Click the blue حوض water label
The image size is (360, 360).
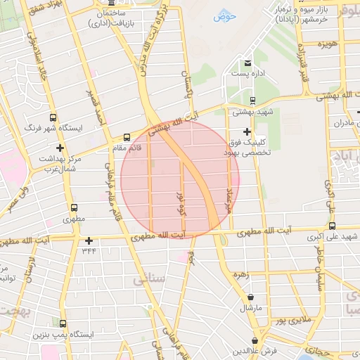223,14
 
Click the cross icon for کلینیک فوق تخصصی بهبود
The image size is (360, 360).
246,131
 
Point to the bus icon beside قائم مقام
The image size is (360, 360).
127,137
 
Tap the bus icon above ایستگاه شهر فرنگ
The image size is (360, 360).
52,118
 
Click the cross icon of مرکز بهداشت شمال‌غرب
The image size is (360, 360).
60,148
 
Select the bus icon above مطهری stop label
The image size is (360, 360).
74,207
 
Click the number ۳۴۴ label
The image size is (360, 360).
89,250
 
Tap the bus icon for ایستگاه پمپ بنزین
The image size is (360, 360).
64,323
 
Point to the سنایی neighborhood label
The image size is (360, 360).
148,279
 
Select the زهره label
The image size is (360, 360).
244,275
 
